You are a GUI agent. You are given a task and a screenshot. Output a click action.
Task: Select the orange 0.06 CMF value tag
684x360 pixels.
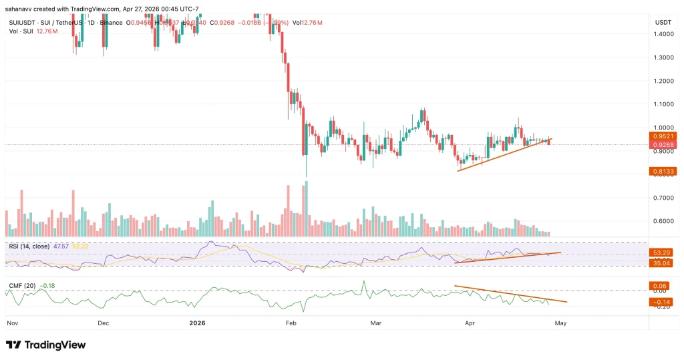tap(660, 285)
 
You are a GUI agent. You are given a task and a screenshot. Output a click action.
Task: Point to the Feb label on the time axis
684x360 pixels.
tap(290, 323)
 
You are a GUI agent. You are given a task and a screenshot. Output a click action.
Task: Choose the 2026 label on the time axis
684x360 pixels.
tap(197, 323)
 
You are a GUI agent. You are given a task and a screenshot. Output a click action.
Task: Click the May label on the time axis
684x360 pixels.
tap(561, 323)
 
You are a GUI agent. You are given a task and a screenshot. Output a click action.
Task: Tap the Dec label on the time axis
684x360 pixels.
tap(104, 323)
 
